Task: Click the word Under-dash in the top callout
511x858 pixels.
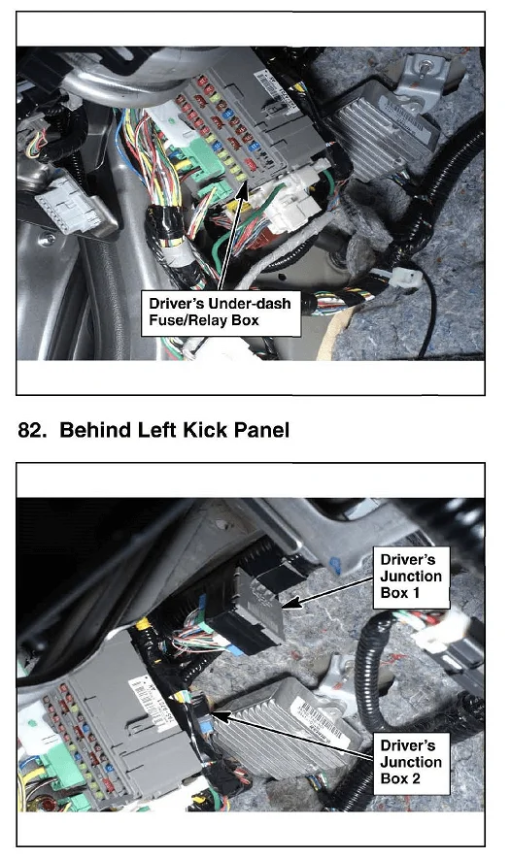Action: tap(252, 303)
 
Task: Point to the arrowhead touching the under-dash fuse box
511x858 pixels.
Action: tap(243, 191)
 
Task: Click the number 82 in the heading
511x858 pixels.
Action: tap(29, 430)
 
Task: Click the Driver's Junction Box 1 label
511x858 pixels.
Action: tap(411, 577)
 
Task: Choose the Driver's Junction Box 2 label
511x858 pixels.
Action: tap(411, 763)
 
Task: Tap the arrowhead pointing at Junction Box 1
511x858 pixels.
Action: tap(290, 603)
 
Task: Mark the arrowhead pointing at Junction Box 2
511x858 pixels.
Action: tap(219, 715)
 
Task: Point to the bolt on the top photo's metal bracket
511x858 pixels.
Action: tap(425, 67)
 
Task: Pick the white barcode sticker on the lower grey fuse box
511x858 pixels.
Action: tap(149, 703)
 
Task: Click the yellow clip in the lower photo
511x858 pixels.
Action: tap(144, 624)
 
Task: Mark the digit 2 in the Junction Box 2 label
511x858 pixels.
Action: tap(416, 778)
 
